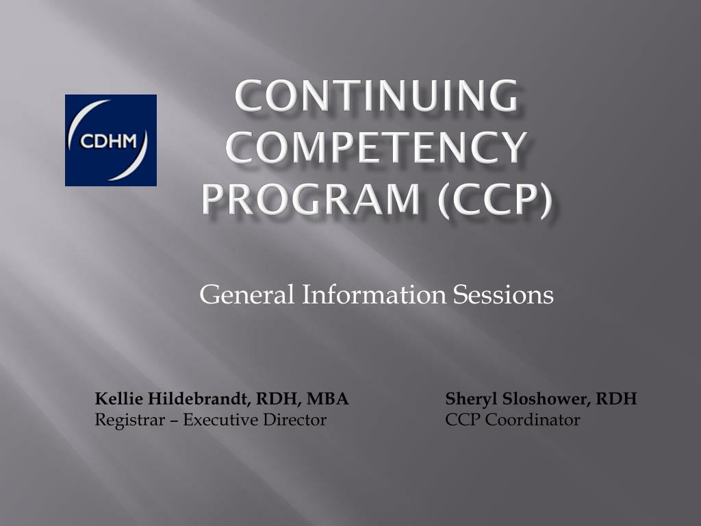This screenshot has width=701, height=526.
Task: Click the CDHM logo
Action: click(x=111, y=140)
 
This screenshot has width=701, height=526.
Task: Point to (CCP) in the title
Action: click(x=495, y=199)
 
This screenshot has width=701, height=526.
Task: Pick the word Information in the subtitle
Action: click(x=374, y=295)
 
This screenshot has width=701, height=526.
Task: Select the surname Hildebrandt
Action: click(x=194, y=399)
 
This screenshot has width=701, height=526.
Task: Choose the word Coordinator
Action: click(x=533, y=420)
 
